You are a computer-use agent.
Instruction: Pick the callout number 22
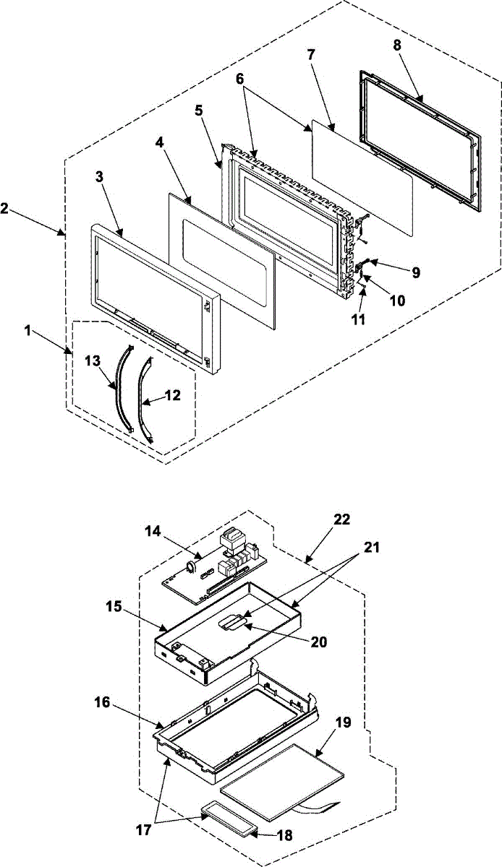pyautogui.click(x=343, y=520)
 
